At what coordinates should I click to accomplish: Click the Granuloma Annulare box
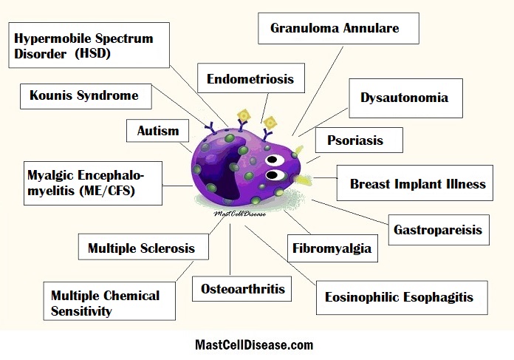click(338, 29)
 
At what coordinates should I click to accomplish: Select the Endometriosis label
click(251, 78)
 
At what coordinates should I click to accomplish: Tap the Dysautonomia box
click(406, 98)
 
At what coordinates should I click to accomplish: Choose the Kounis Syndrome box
click(86, 96)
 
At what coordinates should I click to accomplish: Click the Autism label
click(158, 131)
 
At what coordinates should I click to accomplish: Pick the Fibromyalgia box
click(332, 248)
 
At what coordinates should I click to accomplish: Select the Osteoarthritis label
click(241, 289)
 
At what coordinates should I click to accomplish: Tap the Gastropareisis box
click(439, 230)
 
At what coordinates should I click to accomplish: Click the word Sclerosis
click(168, 248)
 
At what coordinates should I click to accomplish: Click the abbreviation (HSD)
click(93, 53)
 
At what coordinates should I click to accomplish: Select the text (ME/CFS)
click(107, 190)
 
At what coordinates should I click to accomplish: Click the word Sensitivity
click(81, 310)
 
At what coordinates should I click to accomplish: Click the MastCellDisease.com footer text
click(254, 345)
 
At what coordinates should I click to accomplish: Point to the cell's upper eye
click(275, 160)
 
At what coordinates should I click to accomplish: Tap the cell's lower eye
click(275, 175)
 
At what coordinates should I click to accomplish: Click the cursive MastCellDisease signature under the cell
click(239, 214)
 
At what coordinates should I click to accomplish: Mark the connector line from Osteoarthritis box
click(230, 249)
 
